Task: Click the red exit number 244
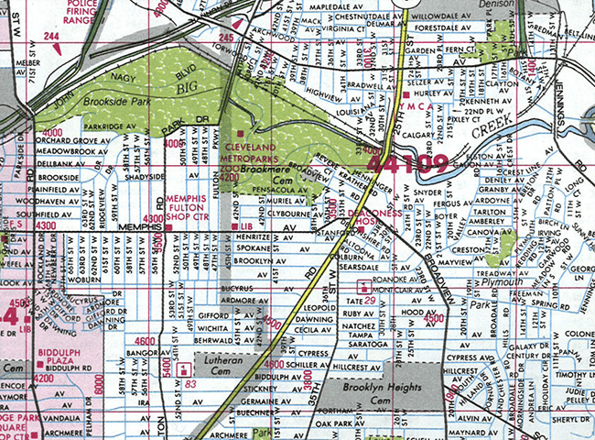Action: [x=52, y=36]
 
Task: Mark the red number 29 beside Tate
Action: [x=371, y=301]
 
